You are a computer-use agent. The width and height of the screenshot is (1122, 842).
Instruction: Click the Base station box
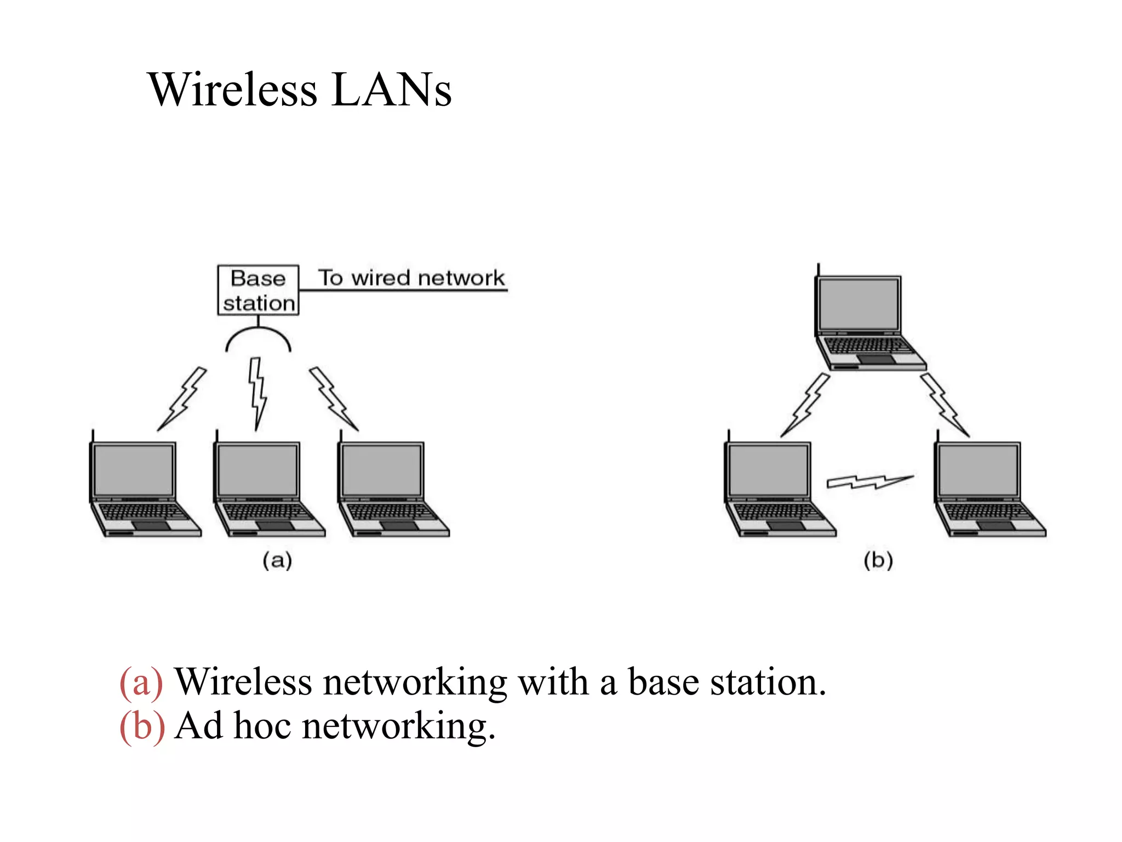pos(258,290)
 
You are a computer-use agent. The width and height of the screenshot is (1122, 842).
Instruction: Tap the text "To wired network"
pos(411,278)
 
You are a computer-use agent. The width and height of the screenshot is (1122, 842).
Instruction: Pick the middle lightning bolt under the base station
pos(257,392)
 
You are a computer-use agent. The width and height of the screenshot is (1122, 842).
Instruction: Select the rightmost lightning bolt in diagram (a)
pos(333,398)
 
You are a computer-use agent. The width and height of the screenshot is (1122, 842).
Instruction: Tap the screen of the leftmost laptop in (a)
pos(133,470)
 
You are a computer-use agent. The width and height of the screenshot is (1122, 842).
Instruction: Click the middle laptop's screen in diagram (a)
pos(257,470)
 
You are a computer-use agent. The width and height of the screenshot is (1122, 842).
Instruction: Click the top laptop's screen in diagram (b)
pos(858,304)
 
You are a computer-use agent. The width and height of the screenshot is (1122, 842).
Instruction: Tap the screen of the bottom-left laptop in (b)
pos(768,470)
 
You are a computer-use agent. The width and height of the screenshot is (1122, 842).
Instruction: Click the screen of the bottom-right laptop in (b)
pos(978,470)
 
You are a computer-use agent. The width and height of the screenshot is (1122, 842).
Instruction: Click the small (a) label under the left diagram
pos(277,560)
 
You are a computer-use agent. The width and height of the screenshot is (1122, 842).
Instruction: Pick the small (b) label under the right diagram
pos(878,560)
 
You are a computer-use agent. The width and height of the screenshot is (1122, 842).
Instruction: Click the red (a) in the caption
pos(141,683)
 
